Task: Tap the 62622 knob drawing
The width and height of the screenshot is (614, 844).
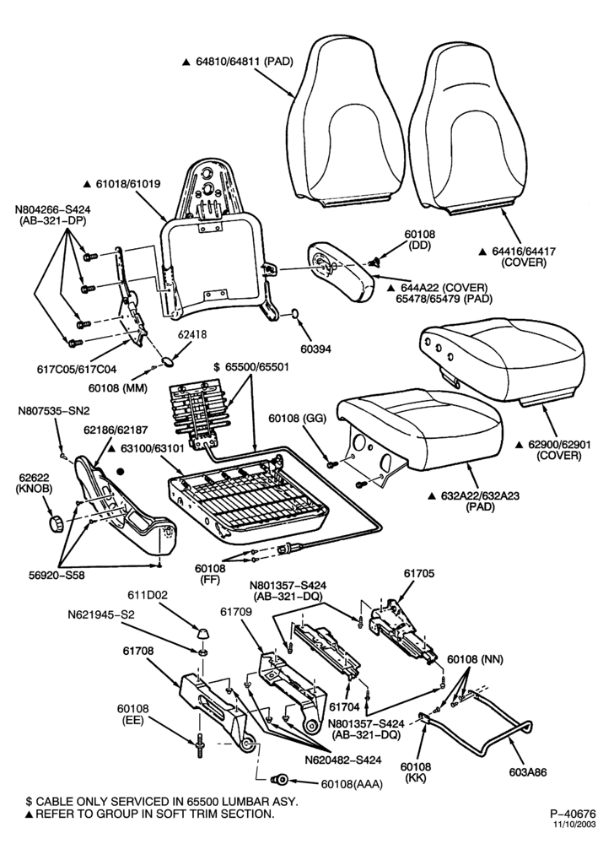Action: click(x=56, y=524)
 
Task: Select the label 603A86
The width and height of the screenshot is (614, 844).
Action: click(x=528, y=772)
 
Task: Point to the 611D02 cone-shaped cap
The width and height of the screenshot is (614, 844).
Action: click(x=202, y=630)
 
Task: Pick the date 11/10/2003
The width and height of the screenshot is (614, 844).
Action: click(x=576, y=824)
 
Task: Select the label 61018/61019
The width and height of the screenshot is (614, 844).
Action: click(x=122, y=183)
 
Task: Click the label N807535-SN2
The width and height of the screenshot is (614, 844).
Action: click(x=54, y=411)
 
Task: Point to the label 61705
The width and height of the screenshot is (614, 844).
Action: click(x=419, y=574)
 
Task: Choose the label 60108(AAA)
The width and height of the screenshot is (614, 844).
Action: click(x=353, y=785)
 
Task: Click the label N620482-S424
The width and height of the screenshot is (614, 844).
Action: click(x=343, y=760)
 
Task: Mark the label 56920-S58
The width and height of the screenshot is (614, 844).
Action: click(x=57, y=575)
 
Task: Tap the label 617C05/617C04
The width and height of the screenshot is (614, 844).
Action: click(x=77, y=370)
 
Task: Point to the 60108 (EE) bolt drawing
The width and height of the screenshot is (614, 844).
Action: click(x=202, y=745)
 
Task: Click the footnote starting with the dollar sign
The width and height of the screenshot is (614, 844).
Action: click(x=161, y=802)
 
